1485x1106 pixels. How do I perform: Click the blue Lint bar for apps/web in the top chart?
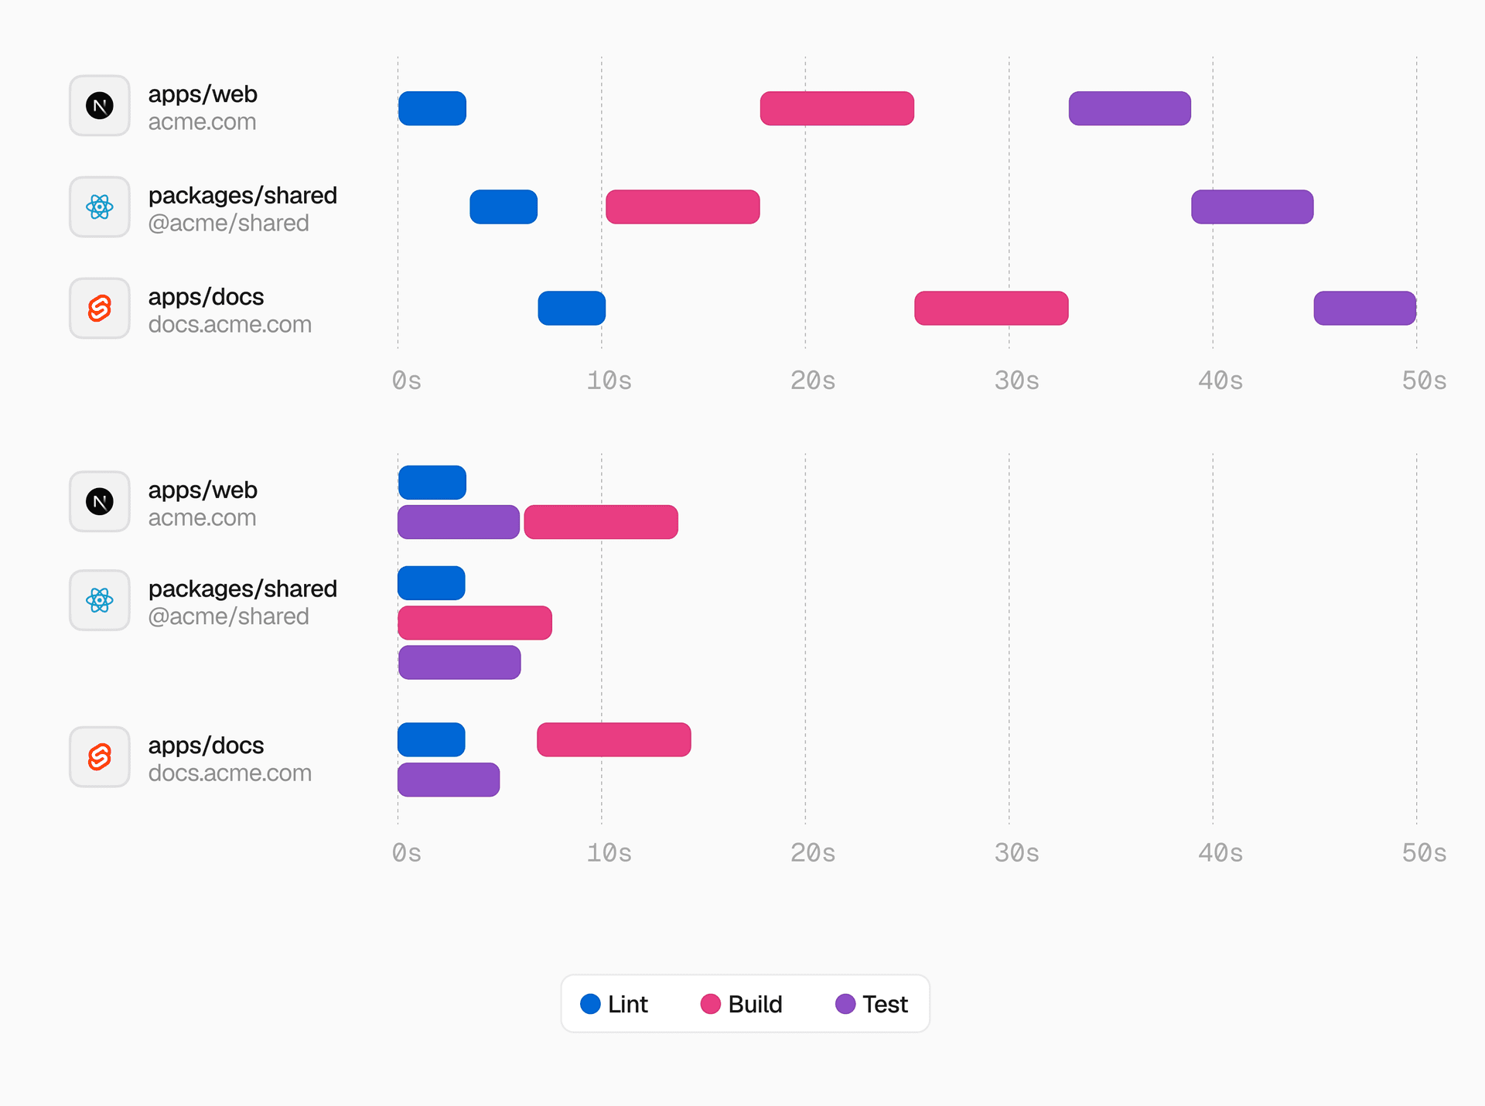click(x=432, y=108)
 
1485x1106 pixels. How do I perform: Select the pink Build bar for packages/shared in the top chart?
click(x=682, y=207)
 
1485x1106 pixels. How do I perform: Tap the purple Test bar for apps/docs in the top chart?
click(x=1364, y=308)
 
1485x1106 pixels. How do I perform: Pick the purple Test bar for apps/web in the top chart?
click(x=1129, y=108)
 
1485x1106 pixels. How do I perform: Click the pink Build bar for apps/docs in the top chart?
click(x=991, y=308)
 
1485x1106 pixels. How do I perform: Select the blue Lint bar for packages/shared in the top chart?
click(x=503, y=207)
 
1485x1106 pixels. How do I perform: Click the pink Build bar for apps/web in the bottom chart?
click(x=601, y=522)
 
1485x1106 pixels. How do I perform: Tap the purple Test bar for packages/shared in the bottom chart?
click(x=459, y=663)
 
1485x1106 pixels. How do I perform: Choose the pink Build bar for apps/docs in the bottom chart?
click(x=613, y=740)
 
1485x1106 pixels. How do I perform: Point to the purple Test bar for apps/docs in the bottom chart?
click(x=449, y=780)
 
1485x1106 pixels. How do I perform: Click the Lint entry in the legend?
click(x=615, y=1004)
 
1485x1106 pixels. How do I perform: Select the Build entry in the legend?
click(x=742, y=1004)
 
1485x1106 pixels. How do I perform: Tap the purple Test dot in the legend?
click(x=845, y=1004)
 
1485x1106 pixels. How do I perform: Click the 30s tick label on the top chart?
click(x=1016, y=381)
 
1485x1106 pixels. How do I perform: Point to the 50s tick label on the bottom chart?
click(x=1423, y=853)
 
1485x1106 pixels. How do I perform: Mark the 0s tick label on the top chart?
click(x=406, y=381)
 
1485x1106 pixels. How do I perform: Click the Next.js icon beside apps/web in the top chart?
click(x=100, y=105)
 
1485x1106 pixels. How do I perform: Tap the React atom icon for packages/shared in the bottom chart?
click(x=100, y=600)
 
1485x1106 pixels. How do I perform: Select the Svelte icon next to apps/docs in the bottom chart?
click(x=100, y=756)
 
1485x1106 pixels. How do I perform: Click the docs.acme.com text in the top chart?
click(x=230, y=325)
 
